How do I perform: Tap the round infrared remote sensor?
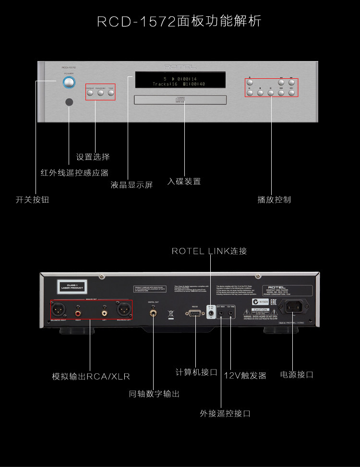tap(70, 102)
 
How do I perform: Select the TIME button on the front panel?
tap(111, 93)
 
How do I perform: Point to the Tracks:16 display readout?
tap(165, 84)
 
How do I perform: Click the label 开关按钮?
tap(33, 199)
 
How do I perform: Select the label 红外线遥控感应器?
tap(74, 172)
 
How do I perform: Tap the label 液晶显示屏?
tap(132, 184)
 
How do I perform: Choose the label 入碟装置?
tap(184, 182)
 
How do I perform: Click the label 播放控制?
tap(274, 199)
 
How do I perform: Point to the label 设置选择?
tap(93, 157)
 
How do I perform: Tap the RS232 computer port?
tap(195, 314)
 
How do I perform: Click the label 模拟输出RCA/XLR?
tap(91, 376)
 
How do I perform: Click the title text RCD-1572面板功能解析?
tap(180, 22)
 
